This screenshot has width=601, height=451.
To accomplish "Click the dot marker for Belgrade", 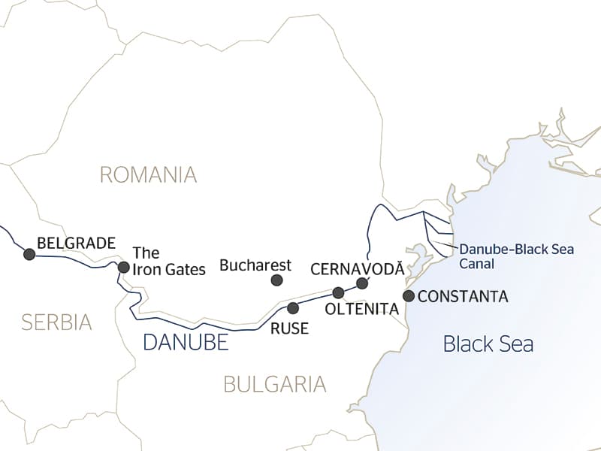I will [29, 254].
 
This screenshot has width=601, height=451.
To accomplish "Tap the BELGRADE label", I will [76, 243].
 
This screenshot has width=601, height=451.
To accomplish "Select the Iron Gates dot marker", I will [123, 267].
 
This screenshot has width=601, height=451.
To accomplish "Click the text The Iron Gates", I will [168, 261].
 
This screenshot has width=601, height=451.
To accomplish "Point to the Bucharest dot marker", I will [276, 280].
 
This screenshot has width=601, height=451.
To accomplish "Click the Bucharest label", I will [255, 265].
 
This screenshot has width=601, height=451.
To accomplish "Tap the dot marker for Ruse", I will [293, 307].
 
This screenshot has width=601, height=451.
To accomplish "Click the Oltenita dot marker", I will [338, 292].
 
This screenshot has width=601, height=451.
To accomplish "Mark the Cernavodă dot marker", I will [362, 283].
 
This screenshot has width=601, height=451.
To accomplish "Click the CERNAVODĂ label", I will [356, 268].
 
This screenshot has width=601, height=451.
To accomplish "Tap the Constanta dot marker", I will [409, 296].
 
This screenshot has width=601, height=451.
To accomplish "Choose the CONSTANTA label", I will [463, 297].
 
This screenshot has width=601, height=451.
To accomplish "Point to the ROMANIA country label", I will [148, 175].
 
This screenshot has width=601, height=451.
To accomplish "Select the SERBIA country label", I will [56, 322].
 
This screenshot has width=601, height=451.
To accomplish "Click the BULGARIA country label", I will [275, 384].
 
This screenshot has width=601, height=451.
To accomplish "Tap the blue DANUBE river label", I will [185, 343].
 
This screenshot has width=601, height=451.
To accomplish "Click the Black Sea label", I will [488, 344].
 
